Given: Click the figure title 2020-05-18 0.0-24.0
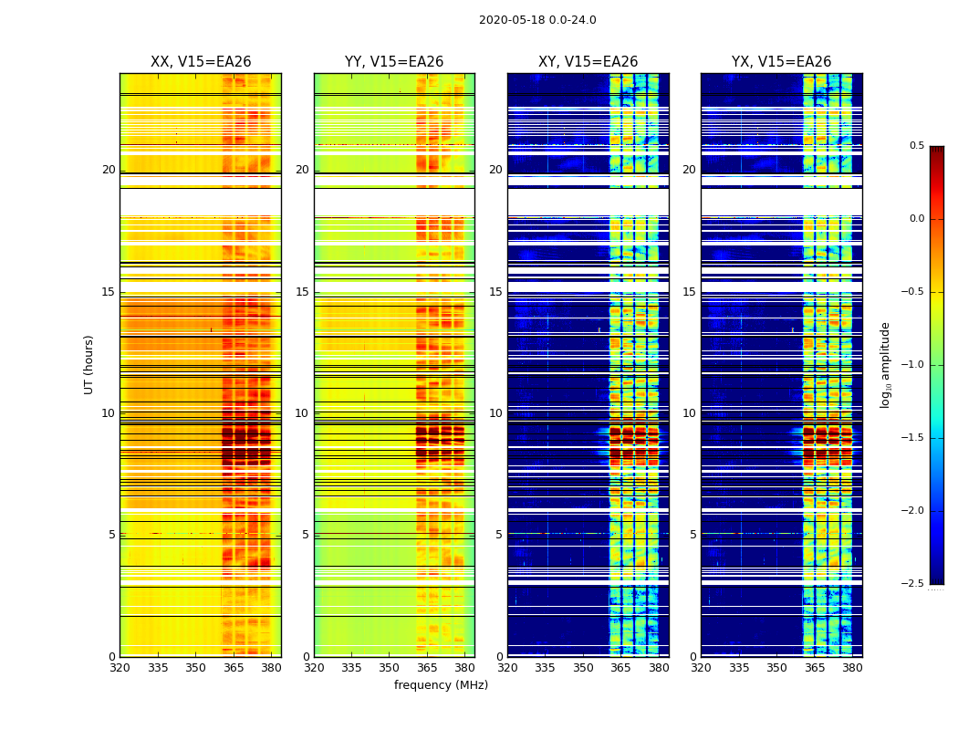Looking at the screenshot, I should pos(537,20).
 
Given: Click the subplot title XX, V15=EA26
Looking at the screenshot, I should pos(201,62).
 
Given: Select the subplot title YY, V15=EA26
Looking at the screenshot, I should pos(394,62).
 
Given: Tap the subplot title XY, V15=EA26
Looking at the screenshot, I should pos(588,62).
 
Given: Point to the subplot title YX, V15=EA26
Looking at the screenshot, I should pos(781,62).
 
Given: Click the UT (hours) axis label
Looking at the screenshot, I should pos(89,364).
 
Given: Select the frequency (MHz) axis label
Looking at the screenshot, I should pos(441,685).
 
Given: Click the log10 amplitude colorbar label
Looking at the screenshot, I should pos(885,364).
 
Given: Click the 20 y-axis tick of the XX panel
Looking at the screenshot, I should pos(109,170).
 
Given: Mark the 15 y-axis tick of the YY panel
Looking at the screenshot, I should pos(302,292).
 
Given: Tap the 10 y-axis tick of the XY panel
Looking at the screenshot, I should pos(495,413).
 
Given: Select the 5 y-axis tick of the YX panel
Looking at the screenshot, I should pos(692,535).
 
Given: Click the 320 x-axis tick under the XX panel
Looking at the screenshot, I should pos(120,667).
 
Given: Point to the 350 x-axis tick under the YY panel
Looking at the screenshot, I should pos(390,667).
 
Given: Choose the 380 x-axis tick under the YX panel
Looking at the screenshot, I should pos(852,667).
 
